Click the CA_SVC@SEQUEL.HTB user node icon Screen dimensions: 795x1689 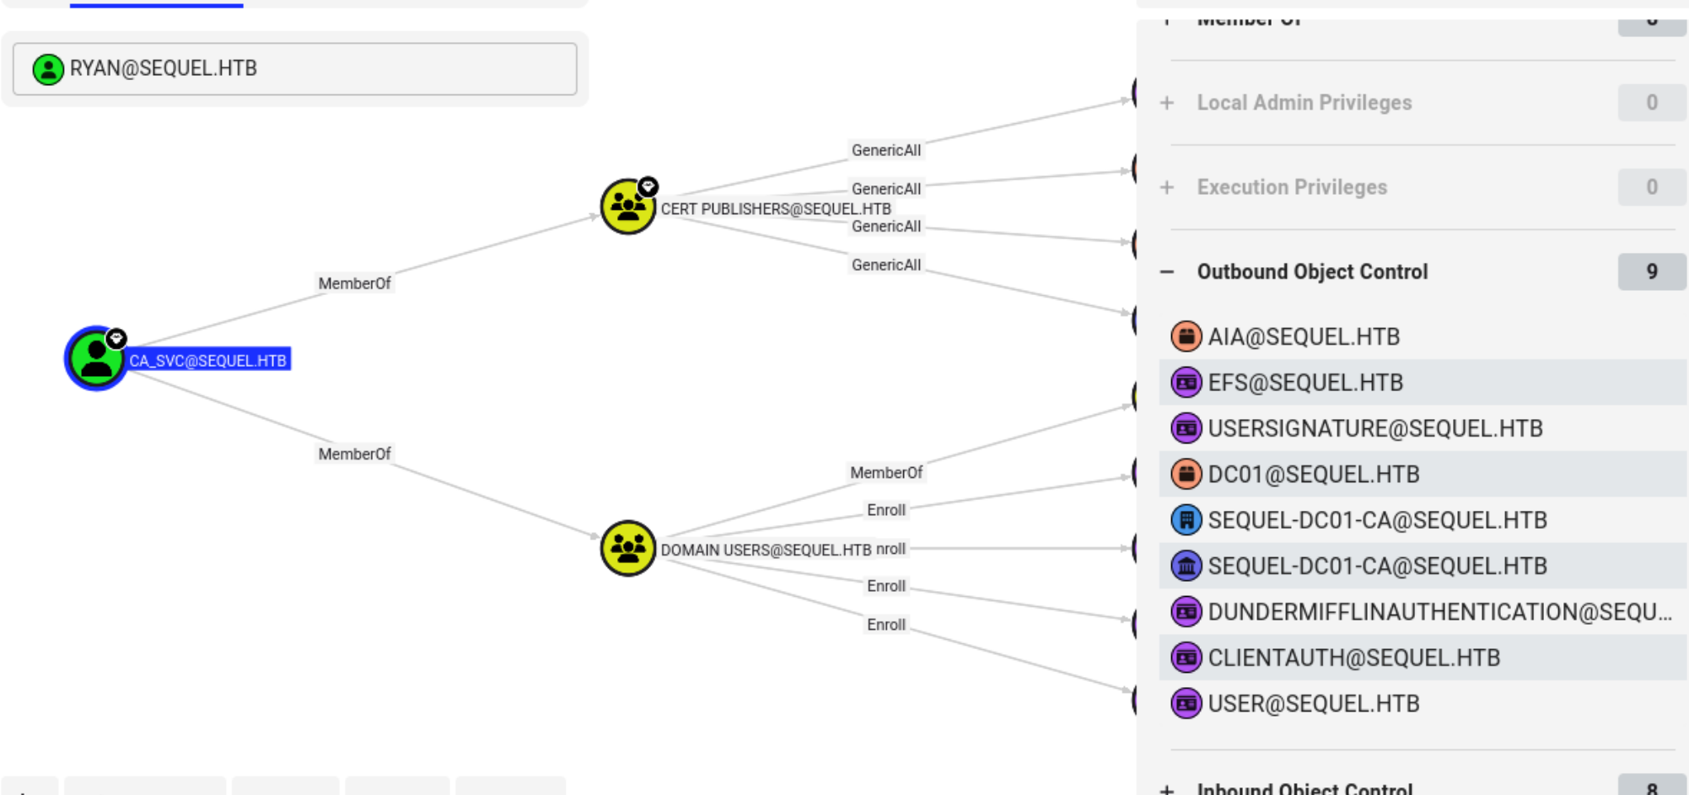(96, 358)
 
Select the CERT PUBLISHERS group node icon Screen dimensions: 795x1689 (627, 207)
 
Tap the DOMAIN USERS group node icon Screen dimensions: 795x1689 (627, 548)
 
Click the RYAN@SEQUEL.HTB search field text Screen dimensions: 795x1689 (163, 68)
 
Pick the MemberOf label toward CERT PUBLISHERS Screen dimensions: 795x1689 (354, 283)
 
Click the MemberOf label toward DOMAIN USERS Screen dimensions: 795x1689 (354, 454)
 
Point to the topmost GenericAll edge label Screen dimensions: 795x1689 (885, 150)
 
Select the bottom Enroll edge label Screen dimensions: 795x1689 (885, 625)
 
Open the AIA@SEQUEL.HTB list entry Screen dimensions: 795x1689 (1303, 336)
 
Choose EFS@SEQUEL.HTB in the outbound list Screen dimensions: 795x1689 (1304, 383)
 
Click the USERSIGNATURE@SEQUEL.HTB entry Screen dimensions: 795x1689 (1374, 428)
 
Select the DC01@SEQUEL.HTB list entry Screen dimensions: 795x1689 (1313, 475)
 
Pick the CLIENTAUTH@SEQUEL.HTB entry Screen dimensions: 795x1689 (1353, 658)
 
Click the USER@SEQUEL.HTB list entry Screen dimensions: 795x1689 (1313, 704)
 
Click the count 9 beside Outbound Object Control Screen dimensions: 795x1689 (1651, 271)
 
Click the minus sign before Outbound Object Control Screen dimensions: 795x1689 (1167, 271)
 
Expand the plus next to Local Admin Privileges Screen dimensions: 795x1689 (1167, 103)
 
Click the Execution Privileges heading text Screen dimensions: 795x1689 (1291, 187)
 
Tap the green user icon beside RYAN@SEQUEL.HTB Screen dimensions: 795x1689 (48, 69)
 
